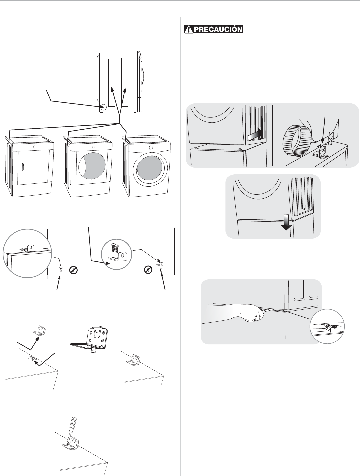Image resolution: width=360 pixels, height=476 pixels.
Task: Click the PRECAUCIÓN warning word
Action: [218, 29]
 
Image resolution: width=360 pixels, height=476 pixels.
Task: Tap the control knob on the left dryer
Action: [35, 147]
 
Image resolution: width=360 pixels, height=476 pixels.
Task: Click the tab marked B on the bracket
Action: [93, 350]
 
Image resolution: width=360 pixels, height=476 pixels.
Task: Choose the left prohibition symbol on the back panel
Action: [74, 270]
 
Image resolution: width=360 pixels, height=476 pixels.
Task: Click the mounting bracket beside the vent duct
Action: [320, 151]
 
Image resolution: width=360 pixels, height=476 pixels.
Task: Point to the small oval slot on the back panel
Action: [161, 270]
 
